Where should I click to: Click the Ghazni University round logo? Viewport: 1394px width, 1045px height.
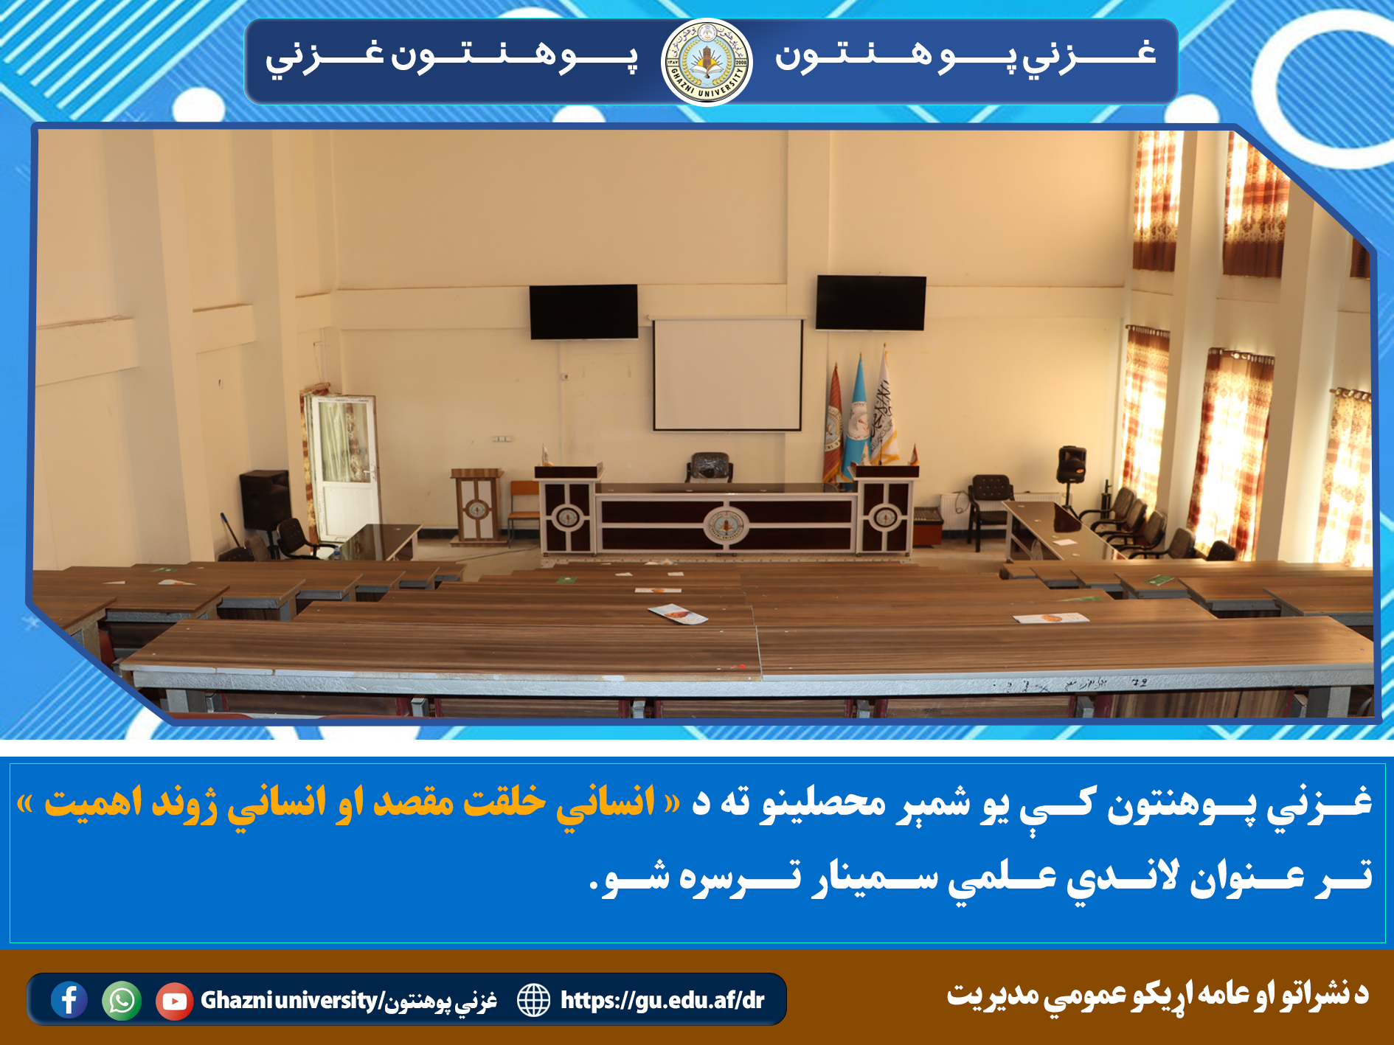click(x=707, y=63)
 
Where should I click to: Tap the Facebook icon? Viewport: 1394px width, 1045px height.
click(x=69, y=1000)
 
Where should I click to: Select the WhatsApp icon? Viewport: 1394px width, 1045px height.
click(x=122, y=1001)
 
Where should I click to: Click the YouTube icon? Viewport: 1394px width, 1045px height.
click(x=174, y=1001)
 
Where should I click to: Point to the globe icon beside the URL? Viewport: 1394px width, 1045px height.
click(x=533, y=1000)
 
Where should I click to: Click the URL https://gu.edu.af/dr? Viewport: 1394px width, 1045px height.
click(x=662, y=1000)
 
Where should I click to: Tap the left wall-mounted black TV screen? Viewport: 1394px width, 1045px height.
click(x=583, y=312)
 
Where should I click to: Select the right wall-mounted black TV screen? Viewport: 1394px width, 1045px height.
click(x=870, y=302)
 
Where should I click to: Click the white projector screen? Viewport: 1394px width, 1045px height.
click(x=727, y=374)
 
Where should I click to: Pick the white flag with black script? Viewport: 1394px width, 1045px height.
click(x=884, y=409)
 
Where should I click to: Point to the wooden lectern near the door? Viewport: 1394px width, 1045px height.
click(x=476, y=506)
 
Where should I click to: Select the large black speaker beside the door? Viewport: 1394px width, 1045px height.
click(x=264, y=499)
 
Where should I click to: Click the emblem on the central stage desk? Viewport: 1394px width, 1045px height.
click(x=727, y=525)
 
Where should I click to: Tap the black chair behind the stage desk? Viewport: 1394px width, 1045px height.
click(x=710, y=468)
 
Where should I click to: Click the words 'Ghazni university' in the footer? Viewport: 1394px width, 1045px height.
click(x=289, y=1001)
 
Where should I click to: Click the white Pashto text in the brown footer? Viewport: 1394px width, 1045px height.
click(x=1157, y=995)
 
